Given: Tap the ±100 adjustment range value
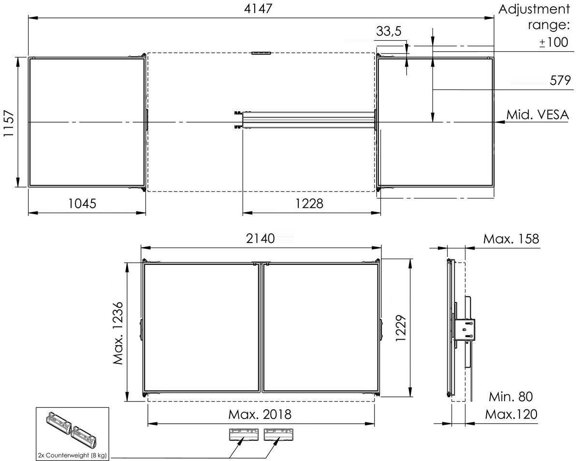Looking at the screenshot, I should (553, 42).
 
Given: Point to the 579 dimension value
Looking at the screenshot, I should (560, 80).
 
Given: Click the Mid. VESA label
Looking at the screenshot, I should (537, 115).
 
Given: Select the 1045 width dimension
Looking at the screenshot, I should (82, 203).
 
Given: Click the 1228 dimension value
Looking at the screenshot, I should (309, 203).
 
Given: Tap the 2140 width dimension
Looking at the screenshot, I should (260, 238).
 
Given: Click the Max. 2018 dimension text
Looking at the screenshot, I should (260, 415).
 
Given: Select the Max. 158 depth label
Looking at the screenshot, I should (511, 239).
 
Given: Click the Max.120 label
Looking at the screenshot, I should (511, 415).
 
